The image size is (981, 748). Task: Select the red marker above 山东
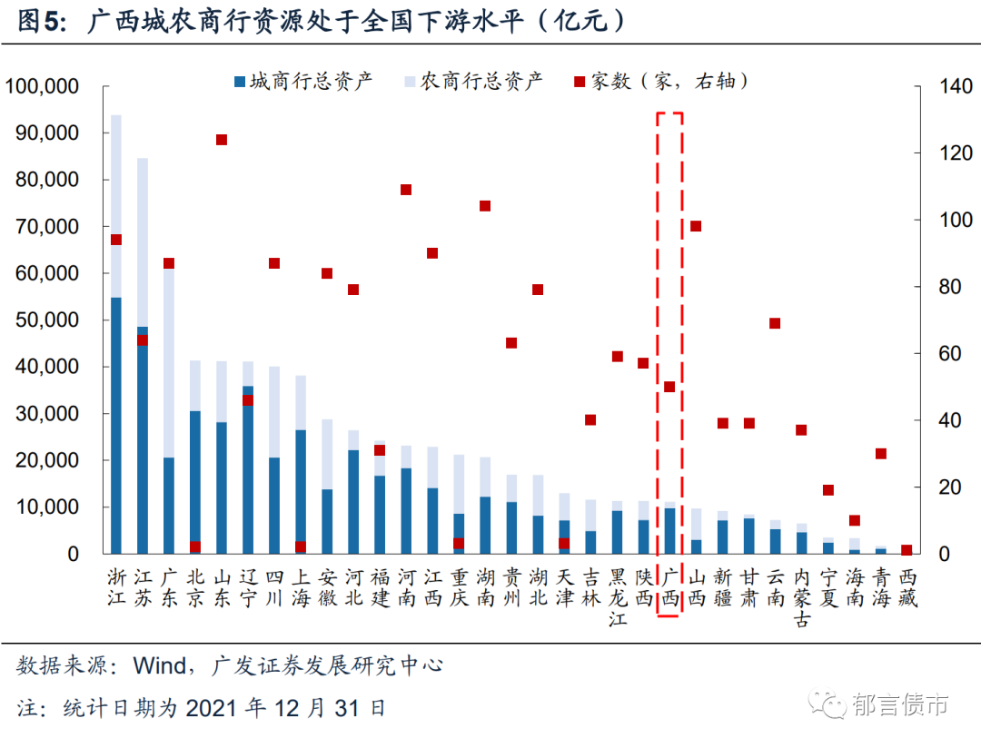click(222, 140)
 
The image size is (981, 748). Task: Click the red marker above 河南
click(406, 190)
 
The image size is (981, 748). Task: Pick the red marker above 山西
click(696, 226)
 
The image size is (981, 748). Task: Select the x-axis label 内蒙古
click(801, 597)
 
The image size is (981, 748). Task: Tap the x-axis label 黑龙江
click(617, 597)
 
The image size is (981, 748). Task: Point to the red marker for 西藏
click(907, 550)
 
